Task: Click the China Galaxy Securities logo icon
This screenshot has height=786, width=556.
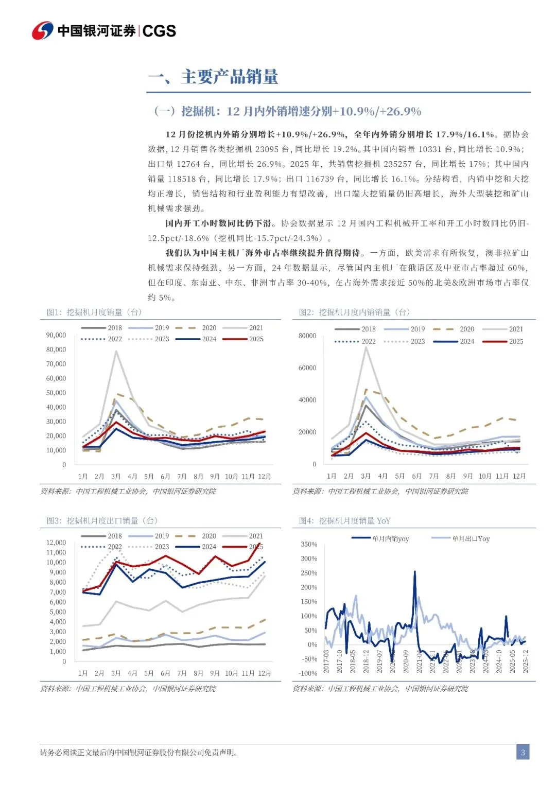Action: (x=43, y=31)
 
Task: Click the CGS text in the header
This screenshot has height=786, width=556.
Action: (x=159, y=31)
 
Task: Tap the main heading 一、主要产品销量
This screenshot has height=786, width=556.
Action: (x=213, y=77)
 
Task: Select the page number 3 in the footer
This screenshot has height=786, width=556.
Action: (x=523, y=753)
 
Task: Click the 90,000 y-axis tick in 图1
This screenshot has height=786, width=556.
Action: (x=56, y=335)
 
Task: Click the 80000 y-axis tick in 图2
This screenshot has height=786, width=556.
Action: (x=307, y=336)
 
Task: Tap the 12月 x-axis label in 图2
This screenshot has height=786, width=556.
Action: (x=519, y=476)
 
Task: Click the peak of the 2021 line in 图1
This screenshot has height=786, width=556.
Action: (x=116, y=351)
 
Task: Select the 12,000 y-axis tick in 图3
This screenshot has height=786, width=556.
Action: (x=56, y=543)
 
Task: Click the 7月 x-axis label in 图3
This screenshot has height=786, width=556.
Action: (x=182, y=673)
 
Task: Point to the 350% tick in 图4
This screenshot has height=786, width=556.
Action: (x=309, y=544)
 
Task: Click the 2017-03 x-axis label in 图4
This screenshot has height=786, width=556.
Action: (x=326, y=661)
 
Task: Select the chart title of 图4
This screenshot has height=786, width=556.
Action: (x=344, y=521)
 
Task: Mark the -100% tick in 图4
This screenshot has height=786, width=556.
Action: (x=308, y=673)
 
